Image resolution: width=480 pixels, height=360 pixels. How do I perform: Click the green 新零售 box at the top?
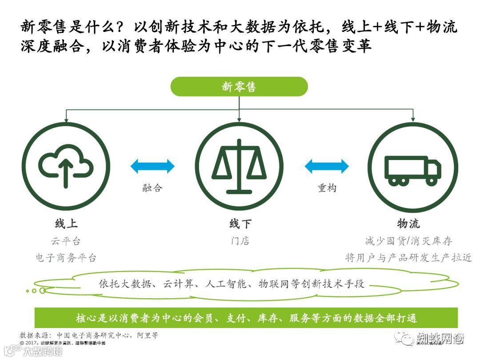[x=239, y=87]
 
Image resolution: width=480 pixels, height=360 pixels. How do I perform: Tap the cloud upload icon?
[x=66, y=166]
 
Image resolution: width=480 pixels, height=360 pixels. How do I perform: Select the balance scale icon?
[x=239, y=166]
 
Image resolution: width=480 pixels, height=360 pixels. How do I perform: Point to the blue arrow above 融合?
[x=152, y=166]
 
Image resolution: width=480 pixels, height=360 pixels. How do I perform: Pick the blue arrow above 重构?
[x=327, y=166]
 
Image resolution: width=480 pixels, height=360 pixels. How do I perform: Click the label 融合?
[x=152, y=188]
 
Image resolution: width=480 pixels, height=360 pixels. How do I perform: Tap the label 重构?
[x=327, y=188]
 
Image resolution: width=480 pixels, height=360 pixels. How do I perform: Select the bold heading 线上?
[x=66, y=223]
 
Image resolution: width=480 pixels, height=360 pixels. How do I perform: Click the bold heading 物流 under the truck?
[x=408, y=223]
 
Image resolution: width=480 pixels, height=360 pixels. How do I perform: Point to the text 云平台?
[x=66, y=241]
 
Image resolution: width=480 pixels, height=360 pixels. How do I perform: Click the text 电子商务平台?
[x=66, y=258]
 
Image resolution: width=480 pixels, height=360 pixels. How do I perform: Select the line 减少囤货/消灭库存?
[x=408, y=241]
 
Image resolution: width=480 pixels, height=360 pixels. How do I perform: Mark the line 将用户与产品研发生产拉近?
[x=408, y=258]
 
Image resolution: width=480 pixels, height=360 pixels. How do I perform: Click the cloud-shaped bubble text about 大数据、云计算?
[x=231, y=284]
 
